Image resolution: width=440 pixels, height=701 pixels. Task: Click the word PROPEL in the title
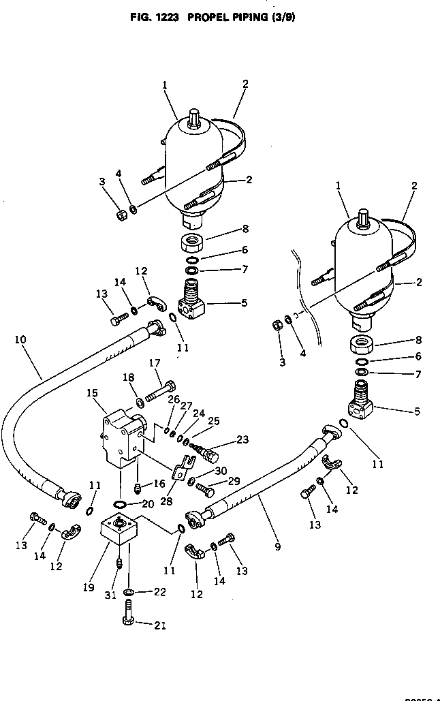point(205,18)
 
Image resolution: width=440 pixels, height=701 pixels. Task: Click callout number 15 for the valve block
point(93,393)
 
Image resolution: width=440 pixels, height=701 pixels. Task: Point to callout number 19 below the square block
point(89,587)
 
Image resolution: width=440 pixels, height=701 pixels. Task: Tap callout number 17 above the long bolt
point(155,364)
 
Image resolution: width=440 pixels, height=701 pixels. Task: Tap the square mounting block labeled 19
point(120,529)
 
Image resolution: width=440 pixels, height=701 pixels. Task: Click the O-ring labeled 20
point(119,505)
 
